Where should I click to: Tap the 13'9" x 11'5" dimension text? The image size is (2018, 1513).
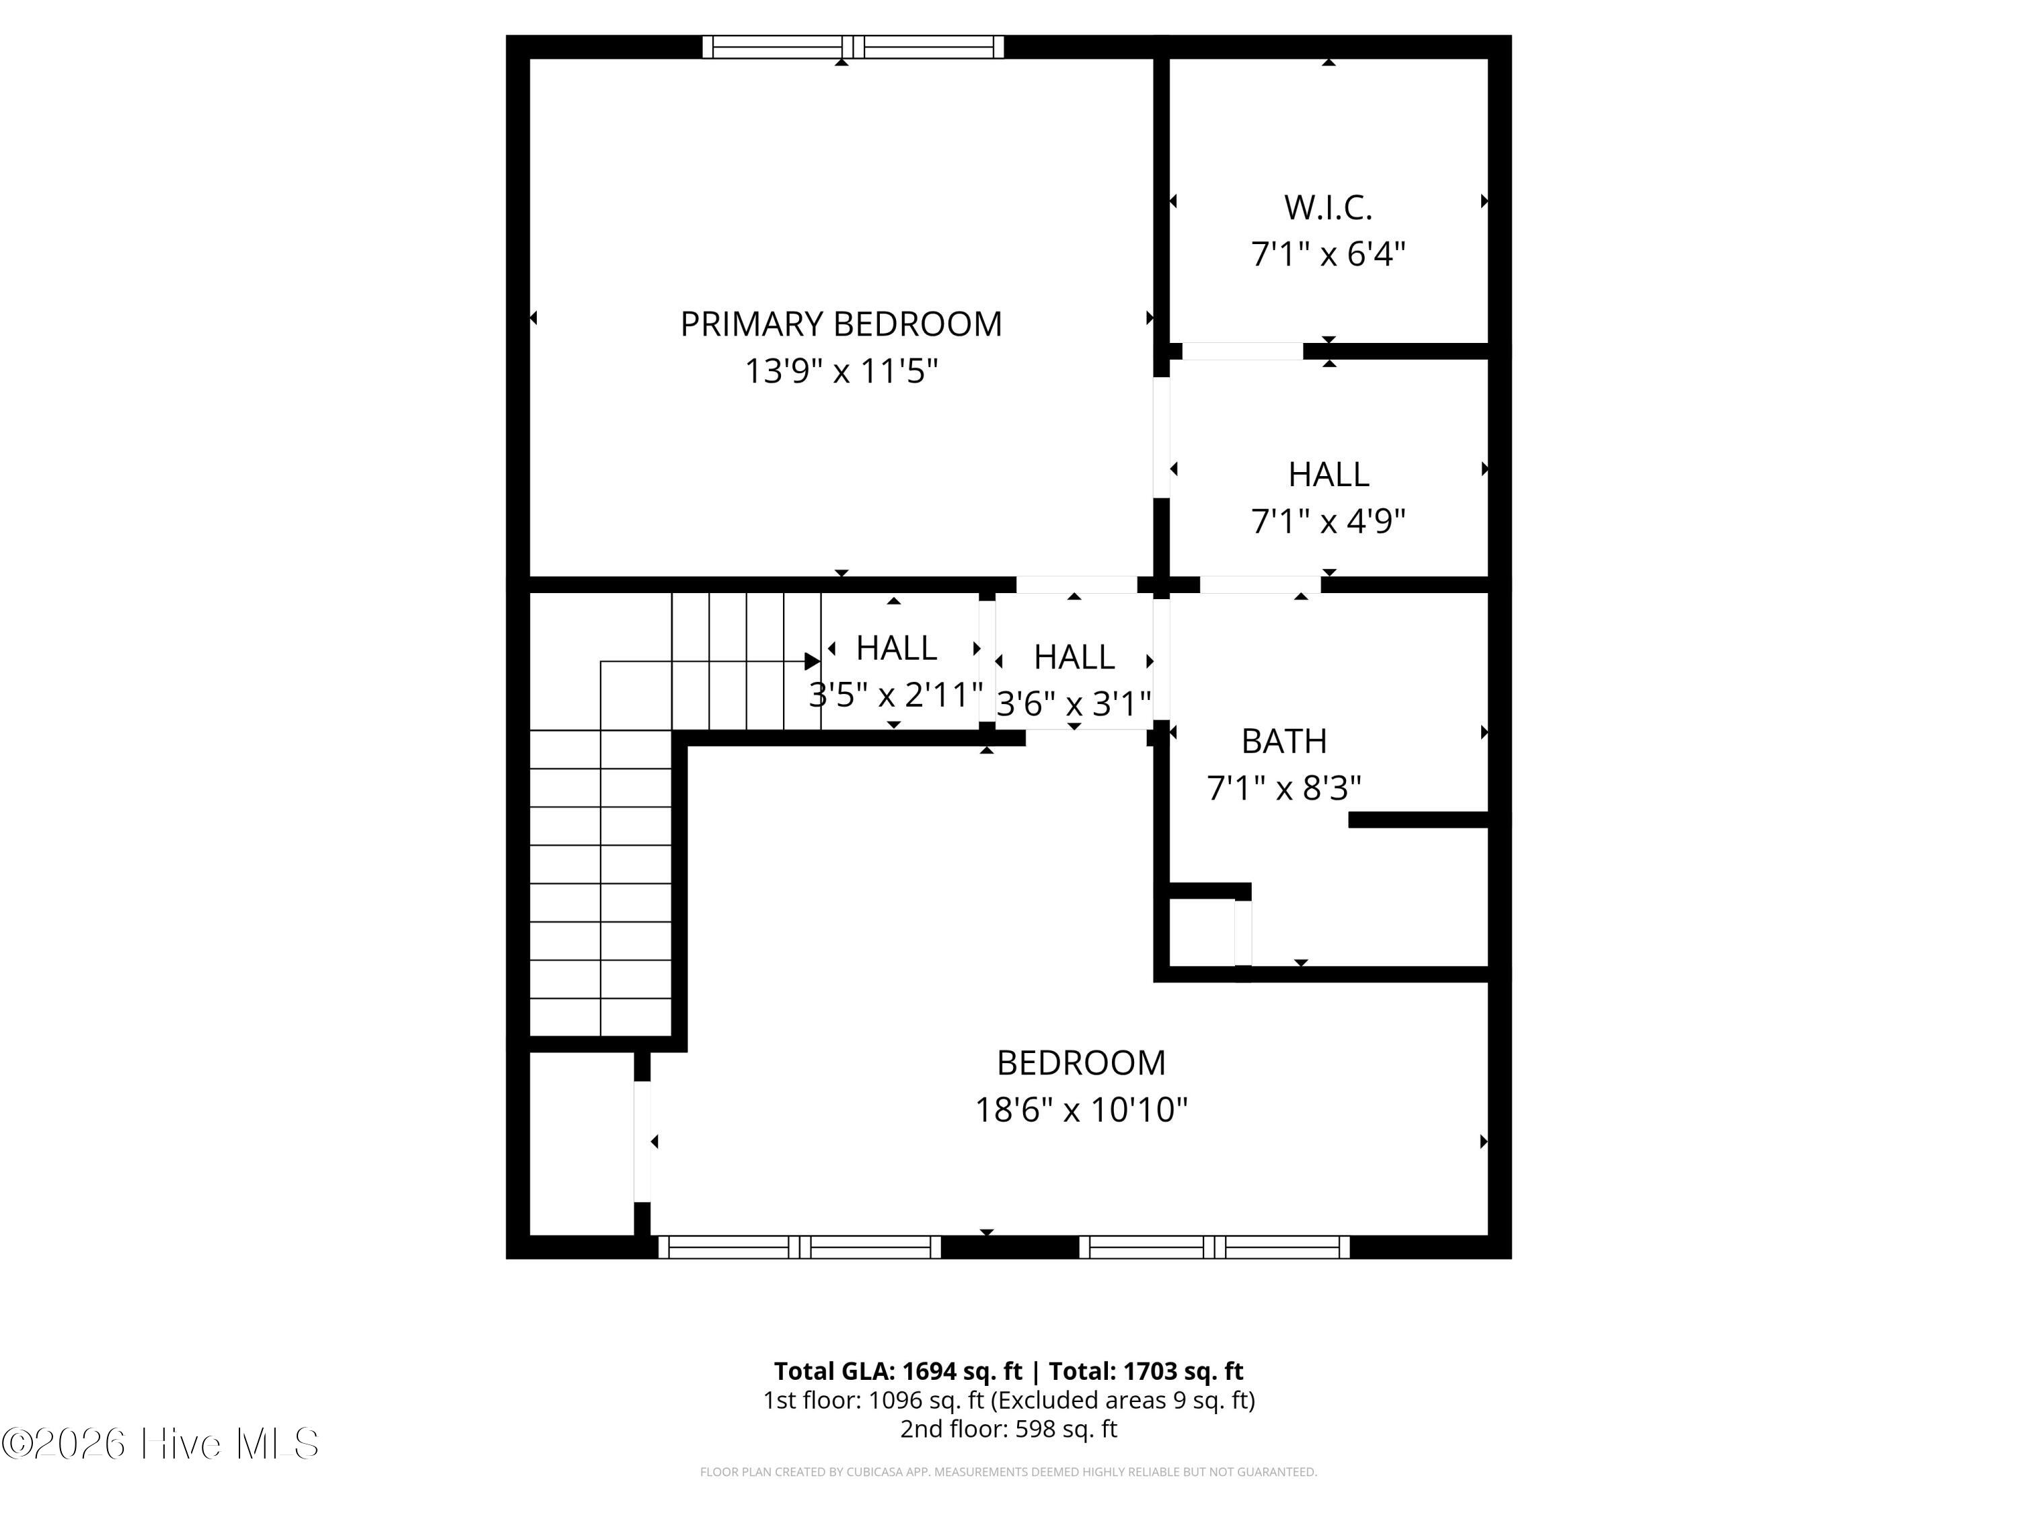pyautogui.click(x=841, y=371)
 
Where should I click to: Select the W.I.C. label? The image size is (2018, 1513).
pyautogui.click(x=1329, y=208)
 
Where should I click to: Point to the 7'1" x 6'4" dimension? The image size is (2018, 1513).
pyautogui.click(x=1329, y=254)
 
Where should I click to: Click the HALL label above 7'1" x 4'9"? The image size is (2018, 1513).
pyautogui.click(x=1329, y=474)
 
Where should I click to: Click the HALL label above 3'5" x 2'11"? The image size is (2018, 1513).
pyautogui.click(x=897, y=648)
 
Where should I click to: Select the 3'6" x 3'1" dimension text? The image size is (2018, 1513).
pyautogui.click(x=1074, y=703)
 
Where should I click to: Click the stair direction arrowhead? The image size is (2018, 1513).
pyautogui.click(x=812, y=661)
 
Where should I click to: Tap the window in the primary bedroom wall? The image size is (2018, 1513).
pyautogui.click(x=853, y=46)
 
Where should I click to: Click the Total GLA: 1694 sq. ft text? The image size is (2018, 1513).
pyautogui.click(x=899, y=1370)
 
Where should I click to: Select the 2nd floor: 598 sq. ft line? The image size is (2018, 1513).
pyautogui.click(x=1008, y=1428)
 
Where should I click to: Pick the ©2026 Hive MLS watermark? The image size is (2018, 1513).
pyautogui.click(x=161, y=1444)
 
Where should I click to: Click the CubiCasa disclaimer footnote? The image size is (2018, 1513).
pyautogui.click(x=1008, y=1472)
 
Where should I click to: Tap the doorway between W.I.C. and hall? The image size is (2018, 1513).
pyautogui.click(x=1242, y=351)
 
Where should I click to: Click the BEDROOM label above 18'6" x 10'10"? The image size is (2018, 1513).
pyautogui.click(x=1081, y=1063)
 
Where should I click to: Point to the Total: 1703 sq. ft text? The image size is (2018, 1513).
pyautogui.click(x=1146, y=1370)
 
